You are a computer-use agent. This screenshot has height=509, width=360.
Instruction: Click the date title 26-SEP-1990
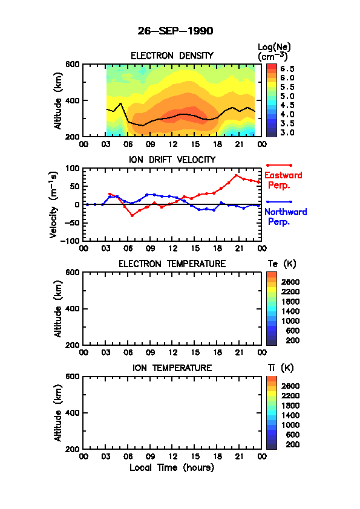coord(175,31)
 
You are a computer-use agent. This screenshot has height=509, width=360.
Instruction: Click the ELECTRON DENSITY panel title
coord(172,56)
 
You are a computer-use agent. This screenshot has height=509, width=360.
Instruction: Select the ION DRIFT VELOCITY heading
coord(172,160)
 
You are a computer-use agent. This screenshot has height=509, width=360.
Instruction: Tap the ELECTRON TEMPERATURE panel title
coord(172,264)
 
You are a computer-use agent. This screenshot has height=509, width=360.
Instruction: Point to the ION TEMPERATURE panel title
coord(172,368)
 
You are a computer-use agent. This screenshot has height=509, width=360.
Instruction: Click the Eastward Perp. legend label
coord(283,180)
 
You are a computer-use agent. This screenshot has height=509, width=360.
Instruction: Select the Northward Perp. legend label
coord(285,217)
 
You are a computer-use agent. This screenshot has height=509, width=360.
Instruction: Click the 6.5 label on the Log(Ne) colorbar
coord(287,69)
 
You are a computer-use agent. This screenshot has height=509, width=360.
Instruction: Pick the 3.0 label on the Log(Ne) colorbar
coord(287,132)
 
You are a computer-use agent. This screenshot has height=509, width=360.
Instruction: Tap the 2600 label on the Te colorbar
coord(290,282)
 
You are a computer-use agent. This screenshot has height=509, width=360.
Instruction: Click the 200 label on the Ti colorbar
coord(292,444)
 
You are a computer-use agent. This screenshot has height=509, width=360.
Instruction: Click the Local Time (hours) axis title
coord(172,468)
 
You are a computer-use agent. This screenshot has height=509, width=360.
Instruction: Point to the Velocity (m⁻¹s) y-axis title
coord(54,204)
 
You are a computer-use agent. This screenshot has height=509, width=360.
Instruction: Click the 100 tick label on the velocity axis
coord(73,168)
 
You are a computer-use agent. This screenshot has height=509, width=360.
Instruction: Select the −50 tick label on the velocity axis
coord(71,222)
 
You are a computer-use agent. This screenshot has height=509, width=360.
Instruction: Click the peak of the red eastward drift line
coord(236,175)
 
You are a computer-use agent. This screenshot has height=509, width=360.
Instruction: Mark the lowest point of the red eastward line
coord(132,216)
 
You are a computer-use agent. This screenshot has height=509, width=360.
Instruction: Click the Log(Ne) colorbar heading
coord(274,52)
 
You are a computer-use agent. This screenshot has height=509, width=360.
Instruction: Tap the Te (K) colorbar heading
coord(282,264)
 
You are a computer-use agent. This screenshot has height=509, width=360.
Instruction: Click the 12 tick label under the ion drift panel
coord(172,248)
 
